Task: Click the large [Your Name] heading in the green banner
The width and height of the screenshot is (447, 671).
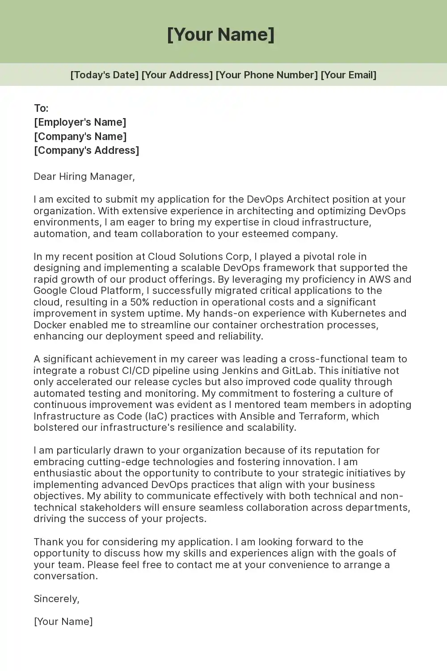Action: pos(221,34)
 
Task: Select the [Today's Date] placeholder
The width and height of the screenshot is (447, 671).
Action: pos(104,75)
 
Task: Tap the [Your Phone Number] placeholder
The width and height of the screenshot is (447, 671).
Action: pos(266,75)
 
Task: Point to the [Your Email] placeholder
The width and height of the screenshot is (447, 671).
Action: pos(349,75)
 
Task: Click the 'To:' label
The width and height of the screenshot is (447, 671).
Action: pos(41,108)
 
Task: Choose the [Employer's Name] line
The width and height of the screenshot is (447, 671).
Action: pos(80,122)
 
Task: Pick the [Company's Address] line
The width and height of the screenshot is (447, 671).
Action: pos(86,150)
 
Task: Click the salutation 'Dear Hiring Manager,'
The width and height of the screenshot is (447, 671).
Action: pos(84,176)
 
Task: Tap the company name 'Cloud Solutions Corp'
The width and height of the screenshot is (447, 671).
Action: pos(198,256)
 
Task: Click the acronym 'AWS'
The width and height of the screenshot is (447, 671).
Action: pos(380,279)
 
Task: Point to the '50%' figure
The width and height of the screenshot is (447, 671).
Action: pos(139,302)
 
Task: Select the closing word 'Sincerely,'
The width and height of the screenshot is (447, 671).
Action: pos(56,599)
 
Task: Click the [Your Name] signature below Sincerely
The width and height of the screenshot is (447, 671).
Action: pos(63,621)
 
